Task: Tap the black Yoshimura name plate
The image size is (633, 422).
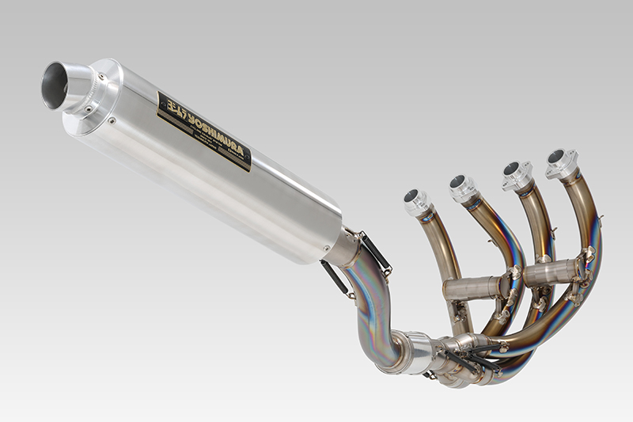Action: pos(204,131)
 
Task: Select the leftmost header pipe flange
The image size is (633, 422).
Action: pos(416,202)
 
